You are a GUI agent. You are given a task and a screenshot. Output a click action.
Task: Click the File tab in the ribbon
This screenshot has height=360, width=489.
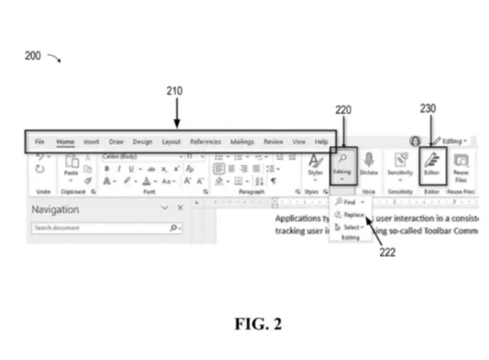pos(40,141)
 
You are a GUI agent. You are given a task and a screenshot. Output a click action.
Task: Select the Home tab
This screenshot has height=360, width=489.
pos(65,141)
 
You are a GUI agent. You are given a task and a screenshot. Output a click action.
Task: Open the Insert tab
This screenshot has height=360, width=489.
pos(92,141)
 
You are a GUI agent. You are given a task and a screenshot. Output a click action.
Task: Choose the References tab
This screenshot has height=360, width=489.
pos(206,141)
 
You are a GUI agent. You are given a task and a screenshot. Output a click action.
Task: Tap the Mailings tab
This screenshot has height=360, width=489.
pos(242,141)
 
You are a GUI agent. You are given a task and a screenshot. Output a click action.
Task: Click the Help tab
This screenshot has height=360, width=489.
pos(322,141)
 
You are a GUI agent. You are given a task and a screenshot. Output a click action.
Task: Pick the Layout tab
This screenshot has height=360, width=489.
pos(171,141)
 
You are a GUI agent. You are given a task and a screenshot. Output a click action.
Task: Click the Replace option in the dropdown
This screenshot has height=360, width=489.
pos(353,215)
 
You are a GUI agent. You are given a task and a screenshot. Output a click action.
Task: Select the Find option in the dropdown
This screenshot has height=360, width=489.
pos(350,203)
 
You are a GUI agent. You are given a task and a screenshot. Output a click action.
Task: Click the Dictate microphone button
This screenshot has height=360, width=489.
pos(369,164)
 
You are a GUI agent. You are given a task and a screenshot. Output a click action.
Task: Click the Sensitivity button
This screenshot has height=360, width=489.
pos(400,164)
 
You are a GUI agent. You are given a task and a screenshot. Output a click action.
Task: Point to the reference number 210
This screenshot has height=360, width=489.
pos(175,91)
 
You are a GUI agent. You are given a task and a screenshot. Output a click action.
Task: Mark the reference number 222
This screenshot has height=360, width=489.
pos(387,252)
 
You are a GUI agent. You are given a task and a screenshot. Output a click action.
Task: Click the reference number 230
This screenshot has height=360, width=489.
pos(427,109)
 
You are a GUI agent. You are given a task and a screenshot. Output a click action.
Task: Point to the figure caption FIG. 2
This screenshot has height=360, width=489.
pos(257,323)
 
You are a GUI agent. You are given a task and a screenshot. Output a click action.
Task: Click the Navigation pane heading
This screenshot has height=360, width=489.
pos(55,209)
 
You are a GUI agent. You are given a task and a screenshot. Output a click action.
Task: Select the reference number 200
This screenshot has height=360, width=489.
pos(33,56)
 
